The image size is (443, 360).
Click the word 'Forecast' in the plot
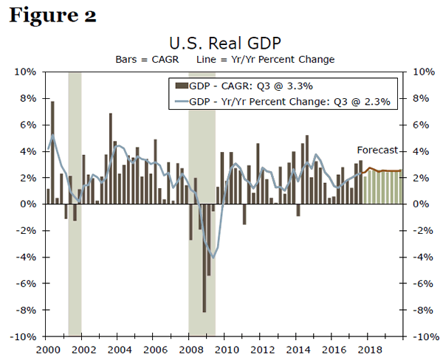[x=377, y=150]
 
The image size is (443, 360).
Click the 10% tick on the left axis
[x=27, y=72]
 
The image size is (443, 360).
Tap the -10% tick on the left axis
[x=24, y=336]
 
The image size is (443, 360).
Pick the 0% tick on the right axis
[x=416, y=204]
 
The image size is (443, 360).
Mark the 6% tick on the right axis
[x=416, y=125]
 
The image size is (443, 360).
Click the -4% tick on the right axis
[x=418, y=257]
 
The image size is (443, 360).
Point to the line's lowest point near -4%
[x=213, y=257]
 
